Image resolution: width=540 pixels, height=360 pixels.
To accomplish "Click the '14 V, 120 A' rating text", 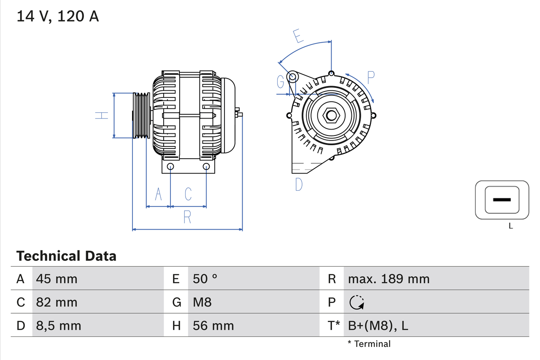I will click(58, 16).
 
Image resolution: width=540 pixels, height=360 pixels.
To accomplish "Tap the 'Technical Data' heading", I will click(66, 256).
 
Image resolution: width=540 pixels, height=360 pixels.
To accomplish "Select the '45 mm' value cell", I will click(57, 279).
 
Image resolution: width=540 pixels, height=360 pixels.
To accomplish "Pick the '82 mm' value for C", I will click(57, 302).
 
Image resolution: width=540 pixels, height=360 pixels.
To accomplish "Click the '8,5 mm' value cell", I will click(59, 326).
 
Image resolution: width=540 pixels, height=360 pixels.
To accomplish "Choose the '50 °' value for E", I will click(205, 279).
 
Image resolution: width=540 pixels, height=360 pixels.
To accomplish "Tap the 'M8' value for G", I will click(202, 302).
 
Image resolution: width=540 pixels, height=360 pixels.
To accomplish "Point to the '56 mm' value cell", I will click(213, 326).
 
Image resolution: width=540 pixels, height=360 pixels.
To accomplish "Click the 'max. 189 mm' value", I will click(389, 279).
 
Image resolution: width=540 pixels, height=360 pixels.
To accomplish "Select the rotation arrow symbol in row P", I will click(356, 302).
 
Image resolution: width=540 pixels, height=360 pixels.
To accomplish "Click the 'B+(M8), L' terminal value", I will click(378, 326).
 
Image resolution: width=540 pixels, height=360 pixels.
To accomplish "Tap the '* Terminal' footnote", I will click(369, 344).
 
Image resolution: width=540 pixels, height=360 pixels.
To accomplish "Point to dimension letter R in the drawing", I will click(188, 217).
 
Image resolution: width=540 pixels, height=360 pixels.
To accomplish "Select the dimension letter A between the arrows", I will click(159, 194).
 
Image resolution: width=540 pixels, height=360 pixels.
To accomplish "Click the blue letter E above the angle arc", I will click(298, 36).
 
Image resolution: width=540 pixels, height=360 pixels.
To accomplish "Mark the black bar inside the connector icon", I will click(502, 200).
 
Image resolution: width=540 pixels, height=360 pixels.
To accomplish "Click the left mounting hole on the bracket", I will click(170, 166).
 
